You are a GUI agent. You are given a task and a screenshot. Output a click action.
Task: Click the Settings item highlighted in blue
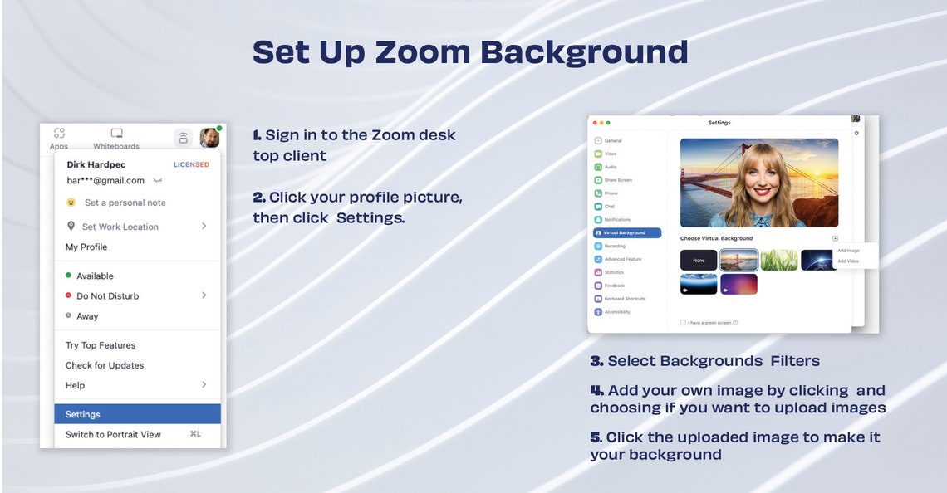[x=83, y=414]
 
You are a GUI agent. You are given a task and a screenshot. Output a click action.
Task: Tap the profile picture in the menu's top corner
[x=209, y=138]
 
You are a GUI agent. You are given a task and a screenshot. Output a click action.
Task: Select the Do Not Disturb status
[x=107, y=296]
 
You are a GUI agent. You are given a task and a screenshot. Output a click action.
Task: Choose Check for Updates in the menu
[x=105, y=365]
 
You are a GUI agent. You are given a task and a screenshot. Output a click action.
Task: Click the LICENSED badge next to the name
[x=191, y=164]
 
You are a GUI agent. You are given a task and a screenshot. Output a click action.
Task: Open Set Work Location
[x=120, y=227]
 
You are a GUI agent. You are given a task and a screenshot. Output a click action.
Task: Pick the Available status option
[x=95, y=276]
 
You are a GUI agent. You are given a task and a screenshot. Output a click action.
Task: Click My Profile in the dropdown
[x=86, y=247]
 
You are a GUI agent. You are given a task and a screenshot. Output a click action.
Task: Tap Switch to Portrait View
[x=113, y=435]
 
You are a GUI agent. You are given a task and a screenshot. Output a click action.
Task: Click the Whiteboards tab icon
[x=116, y=134]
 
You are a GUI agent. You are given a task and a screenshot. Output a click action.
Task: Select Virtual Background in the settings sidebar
[x=624, y=233]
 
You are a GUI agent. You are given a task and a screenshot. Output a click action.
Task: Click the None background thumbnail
[x=699, y=261]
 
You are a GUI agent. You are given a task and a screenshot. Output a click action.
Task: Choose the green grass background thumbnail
[x=778, y=261]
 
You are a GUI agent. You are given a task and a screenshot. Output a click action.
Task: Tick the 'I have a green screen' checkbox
[x=683, y=323]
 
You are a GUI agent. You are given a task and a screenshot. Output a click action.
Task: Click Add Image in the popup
[x=848, y=251]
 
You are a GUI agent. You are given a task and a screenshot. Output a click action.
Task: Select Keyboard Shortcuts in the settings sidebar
[x=624, y=299]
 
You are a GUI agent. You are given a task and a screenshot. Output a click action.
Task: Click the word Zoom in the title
[x=421, y=51]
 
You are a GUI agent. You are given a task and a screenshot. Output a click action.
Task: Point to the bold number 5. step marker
[x=596, y=437]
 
